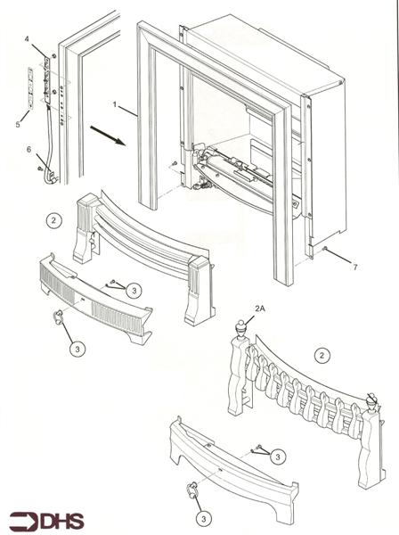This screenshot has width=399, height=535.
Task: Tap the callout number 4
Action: tap(27, 39)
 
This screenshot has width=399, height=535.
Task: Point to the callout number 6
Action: tap(28, 150)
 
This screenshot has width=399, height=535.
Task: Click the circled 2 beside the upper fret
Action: tap(54, 218)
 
